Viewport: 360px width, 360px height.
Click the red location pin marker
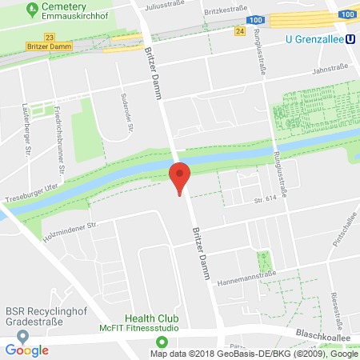click(x=181, y=176)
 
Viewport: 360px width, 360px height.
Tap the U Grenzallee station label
click(x=314, y=38)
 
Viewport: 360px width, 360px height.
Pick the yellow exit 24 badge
click(x=240, y=31)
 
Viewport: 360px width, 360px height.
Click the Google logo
click(x=26, y=350)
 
